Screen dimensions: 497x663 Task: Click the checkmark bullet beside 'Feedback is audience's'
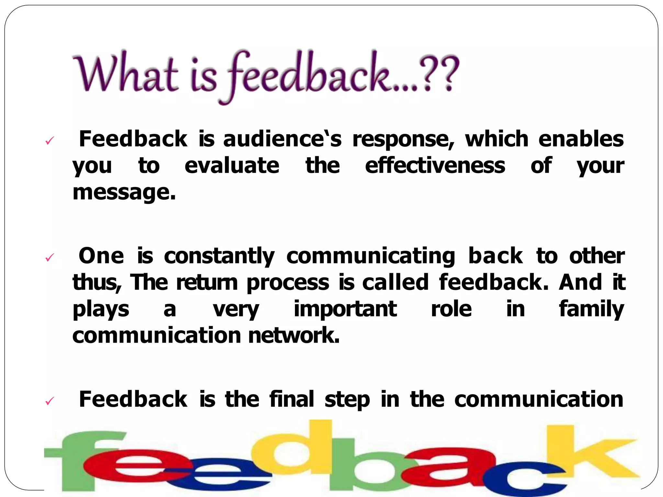tap(49, 140)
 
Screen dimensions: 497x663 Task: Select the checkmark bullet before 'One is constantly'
tap(49, 258)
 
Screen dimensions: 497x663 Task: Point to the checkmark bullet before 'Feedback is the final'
tap(49, 401)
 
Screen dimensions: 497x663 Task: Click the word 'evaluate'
tap(232, 166)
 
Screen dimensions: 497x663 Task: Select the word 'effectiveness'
tap(435, 166)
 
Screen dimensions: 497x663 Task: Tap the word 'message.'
tap(124, 193)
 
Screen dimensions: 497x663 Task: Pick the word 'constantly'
tap(219, 256)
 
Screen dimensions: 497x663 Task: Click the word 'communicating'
tap(371, 256)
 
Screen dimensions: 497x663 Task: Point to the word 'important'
tap(345, 309)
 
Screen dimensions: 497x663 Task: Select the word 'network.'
tap(294, 336)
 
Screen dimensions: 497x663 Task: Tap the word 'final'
tap(292, 399)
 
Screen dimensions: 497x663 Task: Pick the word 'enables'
tap(581, 139)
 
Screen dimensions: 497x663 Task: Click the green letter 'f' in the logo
tap(81, 459)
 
